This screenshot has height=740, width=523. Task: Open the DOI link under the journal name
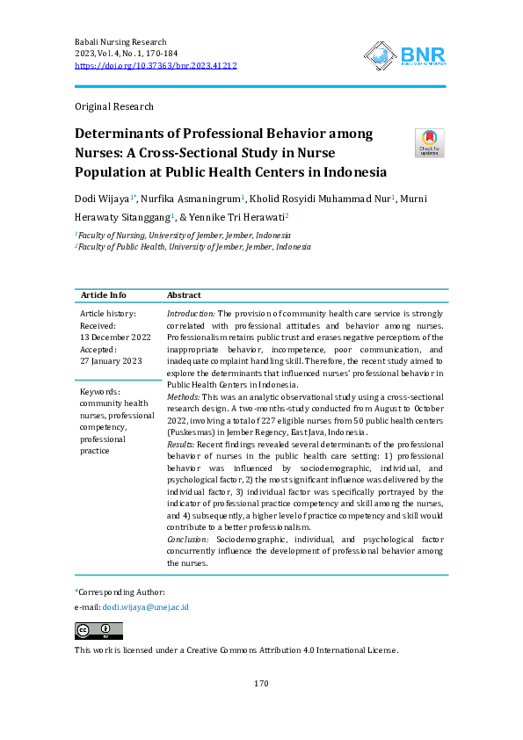click(156, 66)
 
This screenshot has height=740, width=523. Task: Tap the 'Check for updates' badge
click(429, 142)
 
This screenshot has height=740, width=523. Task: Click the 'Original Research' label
click(114, 107)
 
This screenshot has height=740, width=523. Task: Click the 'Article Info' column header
click(103, 295)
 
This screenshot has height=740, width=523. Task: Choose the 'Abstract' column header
click(184, 295)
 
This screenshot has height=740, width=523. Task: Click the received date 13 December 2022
click(115, 337)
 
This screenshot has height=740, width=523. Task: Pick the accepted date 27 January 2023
click(111, 360)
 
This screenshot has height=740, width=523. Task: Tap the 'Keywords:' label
click(100, 392)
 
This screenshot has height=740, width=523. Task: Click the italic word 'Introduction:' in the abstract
click(191, 314)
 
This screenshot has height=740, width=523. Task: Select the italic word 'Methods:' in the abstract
click(185, 397)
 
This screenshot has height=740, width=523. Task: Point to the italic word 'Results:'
click(181, 446)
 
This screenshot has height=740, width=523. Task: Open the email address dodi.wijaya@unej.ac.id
click(145, 607)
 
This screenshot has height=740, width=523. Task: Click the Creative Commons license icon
click(98, 631)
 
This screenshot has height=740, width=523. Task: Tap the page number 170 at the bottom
click(260, 684)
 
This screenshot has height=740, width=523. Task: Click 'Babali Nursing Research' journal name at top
click(120, 42)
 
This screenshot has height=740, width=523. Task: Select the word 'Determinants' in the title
click(125, 134)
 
